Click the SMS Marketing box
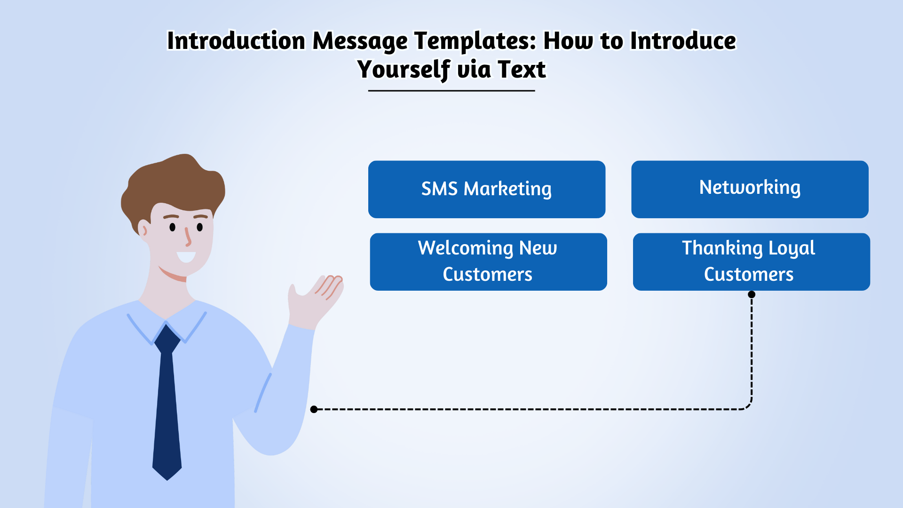pyautogui.click(x=487, y=189)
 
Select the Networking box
pyautogui.click(x=750, y=189)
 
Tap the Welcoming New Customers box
pyautogui.click(x=488, y=262)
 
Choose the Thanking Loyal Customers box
pyautogui.click(x=752, y=262)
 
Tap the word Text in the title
pyautogui.click(x=522, y=69)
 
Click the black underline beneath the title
pyautogui.click(x=451, y=90)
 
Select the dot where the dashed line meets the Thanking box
pyautogui.click(x=752, y=294)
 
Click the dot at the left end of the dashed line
pyautogui.click(x=314, y=409)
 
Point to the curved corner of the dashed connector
pyautogui.click(x=748, y=406)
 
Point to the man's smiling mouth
pyautogui.click(x=186, y=257)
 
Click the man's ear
pyautogui.click(x=143, y=229)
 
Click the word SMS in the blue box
pyautogui.click(x=439, y=189)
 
